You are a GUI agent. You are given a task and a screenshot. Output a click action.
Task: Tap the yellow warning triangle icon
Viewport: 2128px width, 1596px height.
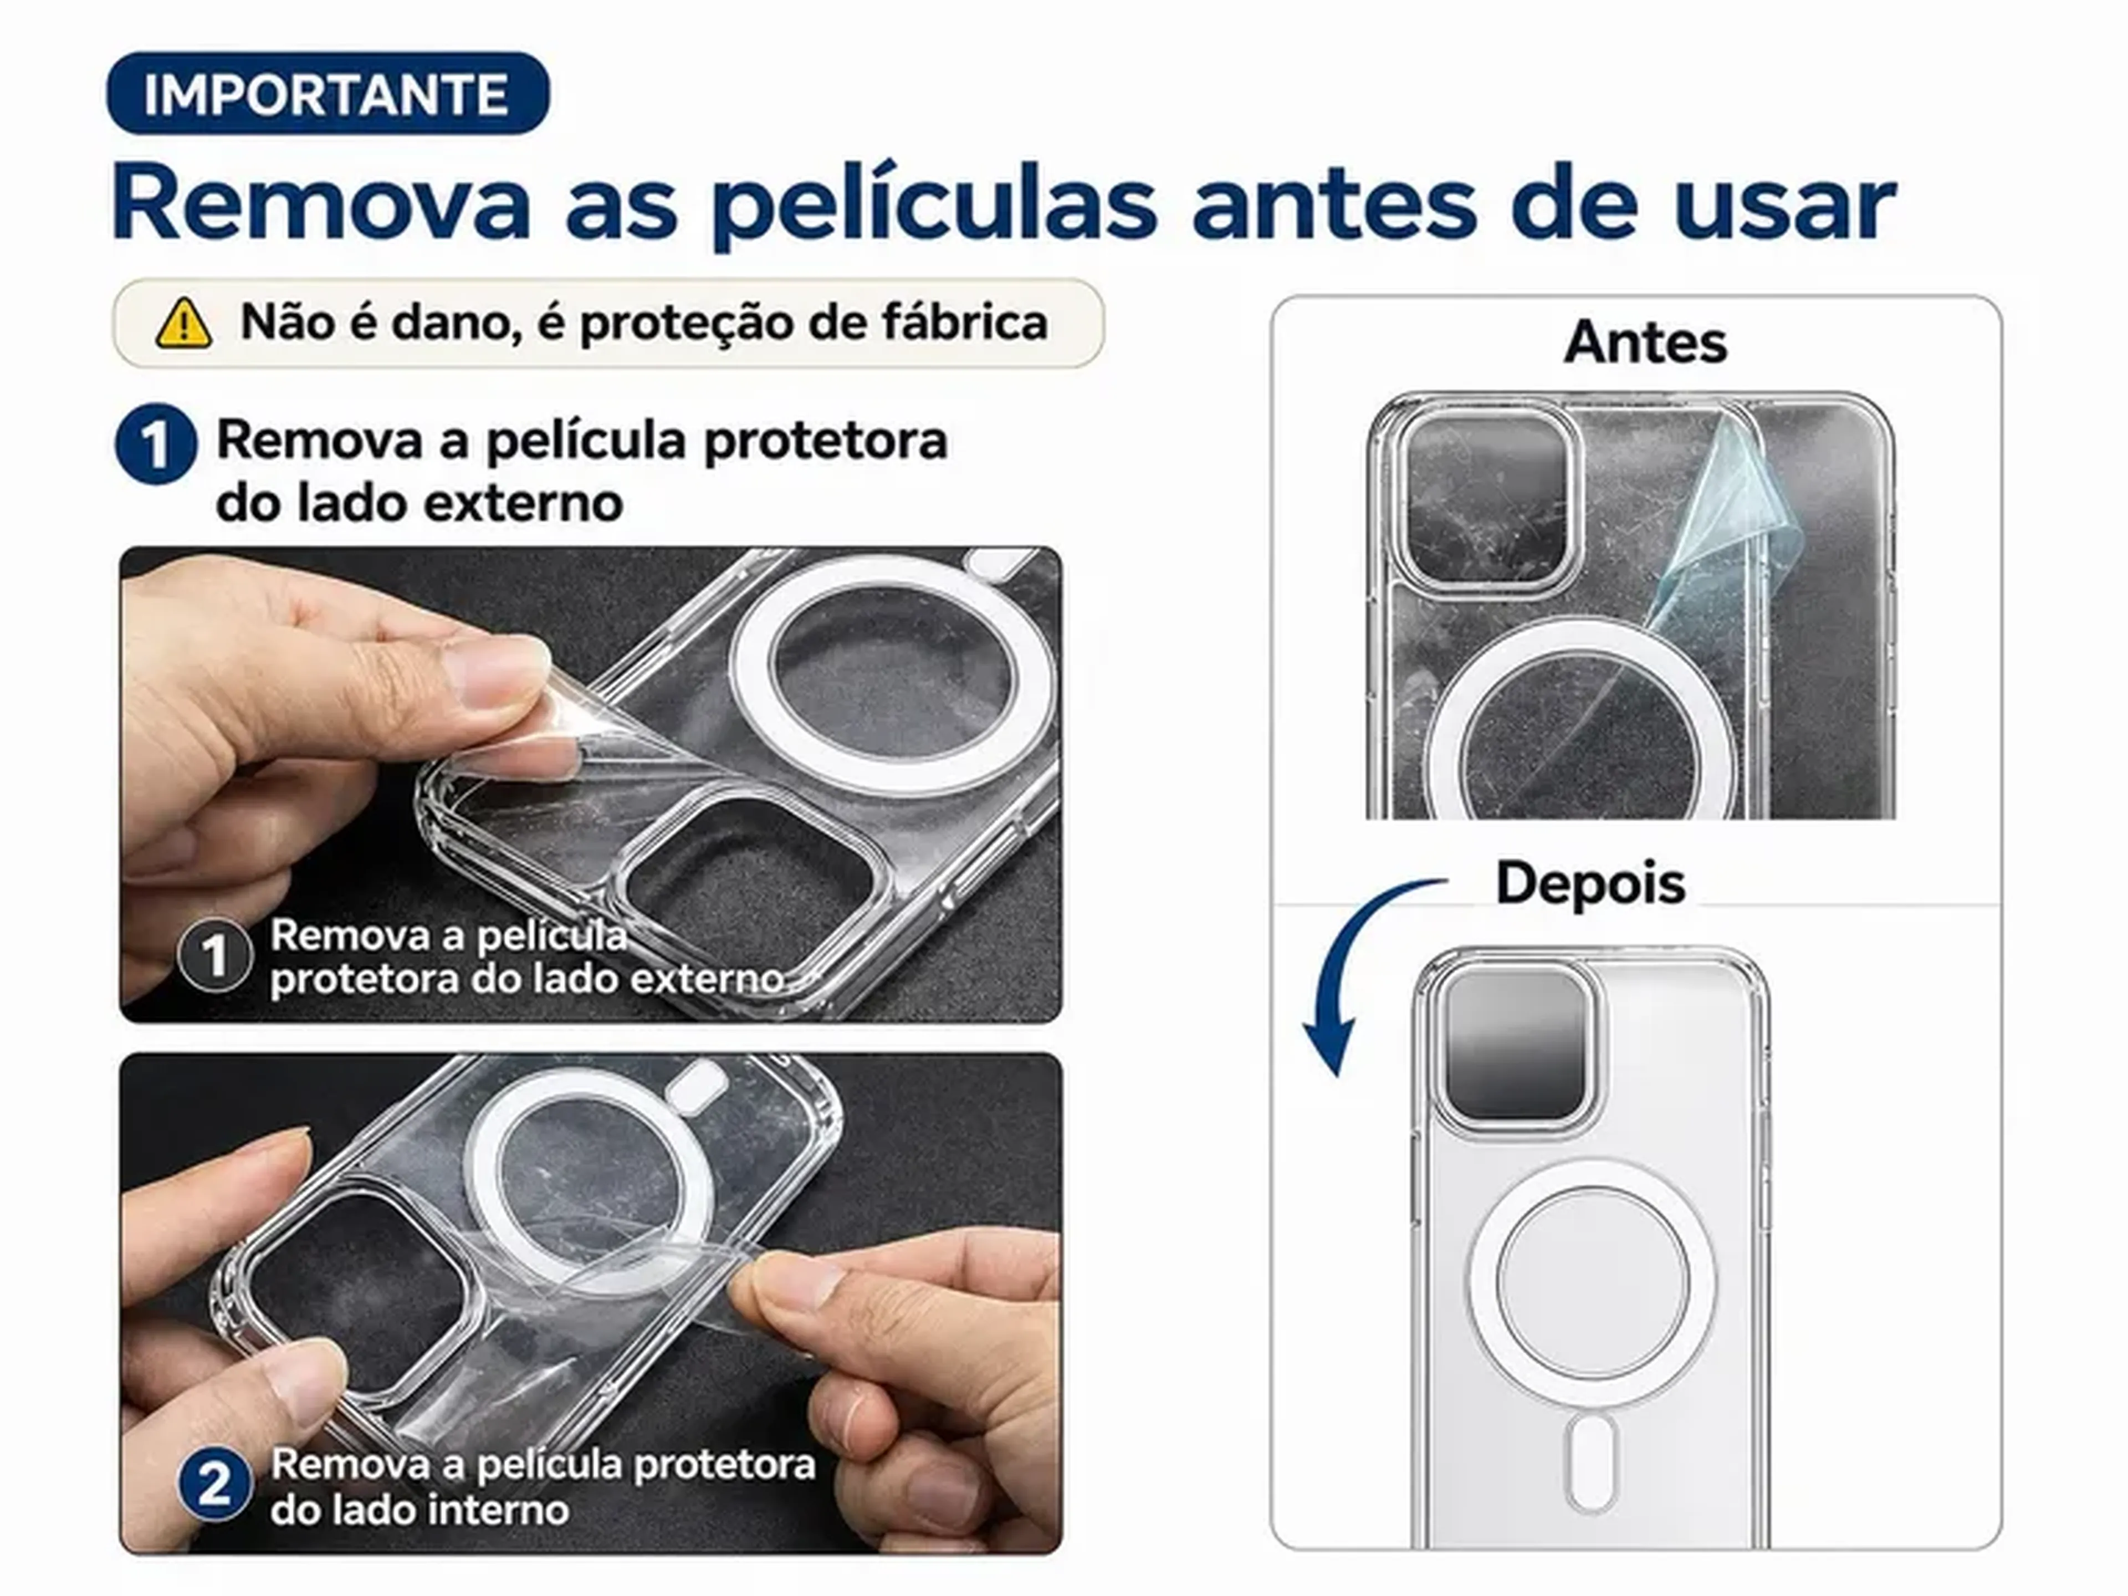[184, 323]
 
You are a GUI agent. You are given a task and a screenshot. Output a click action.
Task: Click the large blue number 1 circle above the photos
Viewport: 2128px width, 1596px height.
[156, 443]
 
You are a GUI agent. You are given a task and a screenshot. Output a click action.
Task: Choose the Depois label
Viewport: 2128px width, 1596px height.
[1590, 883]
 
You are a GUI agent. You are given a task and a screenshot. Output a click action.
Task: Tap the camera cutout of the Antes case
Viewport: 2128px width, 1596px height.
[1486, 500]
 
